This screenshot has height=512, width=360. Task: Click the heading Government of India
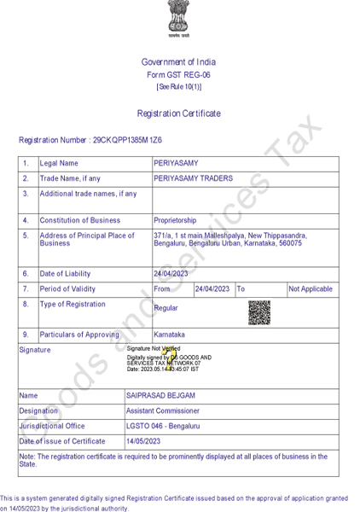click(x=178, y=62)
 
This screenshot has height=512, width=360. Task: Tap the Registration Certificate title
click(x=178, y=113)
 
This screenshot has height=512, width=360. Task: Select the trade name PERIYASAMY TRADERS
click(x=193, y=178)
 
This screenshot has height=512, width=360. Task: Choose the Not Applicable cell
click(x=311, y=289)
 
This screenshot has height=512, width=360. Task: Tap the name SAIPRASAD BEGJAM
click(x=159, y=396)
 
